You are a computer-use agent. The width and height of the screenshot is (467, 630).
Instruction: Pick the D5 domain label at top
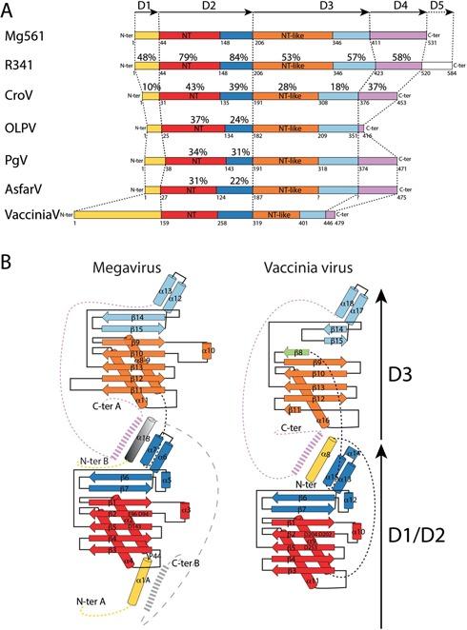tap(437, 9)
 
